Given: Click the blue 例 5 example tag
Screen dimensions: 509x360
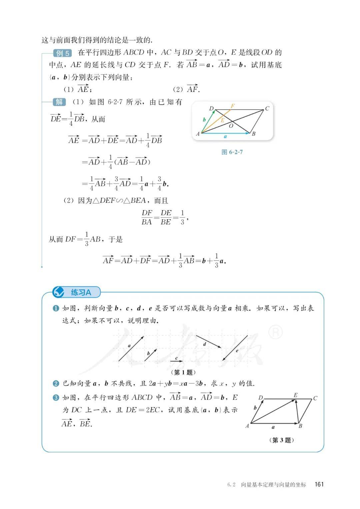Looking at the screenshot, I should coord(62,53).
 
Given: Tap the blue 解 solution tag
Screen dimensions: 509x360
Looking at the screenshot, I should coord(59,102).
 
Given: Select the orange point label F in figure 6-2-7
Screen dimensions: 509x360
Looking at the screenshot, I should coord(233,106).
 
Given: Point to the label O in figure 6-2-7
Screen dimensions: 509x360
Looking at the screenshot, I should coord(231,126).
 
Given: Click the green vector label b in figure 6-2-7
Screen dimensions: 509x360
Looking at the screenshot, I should coord(204,119).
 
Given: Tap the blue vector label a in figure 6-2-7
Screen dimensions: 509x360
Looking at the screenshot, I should coord(225,136).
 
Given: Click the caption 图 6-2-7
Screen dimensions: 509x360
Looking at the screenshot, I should coord(232,152).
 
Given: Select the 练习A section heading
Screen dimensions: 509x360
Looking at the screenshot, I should coord(81,293).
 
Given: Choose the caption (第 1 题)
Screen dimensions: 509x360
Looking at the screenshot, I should coord(183,372).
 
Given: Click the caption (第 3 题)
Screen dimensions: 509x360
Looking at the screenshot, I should coord(281,440).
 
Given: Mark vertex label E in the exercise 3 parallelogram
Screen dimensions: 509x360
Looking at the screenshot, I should coord(295,395).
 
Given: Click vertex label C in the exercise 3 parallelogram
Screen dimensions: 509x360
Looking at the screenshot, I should coord(315,398).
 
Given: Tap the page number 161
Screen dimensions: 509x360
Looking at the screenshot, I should coord(319,484).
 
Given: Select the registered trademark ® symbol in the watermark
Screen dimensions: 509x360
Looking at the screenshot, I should coord(275,332).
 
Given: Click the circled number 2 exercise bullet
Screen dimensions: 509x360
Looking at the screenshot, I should coord(56,384).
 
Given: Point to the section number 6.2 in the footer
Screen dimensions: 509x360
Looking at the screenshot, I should coord(231,485).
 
